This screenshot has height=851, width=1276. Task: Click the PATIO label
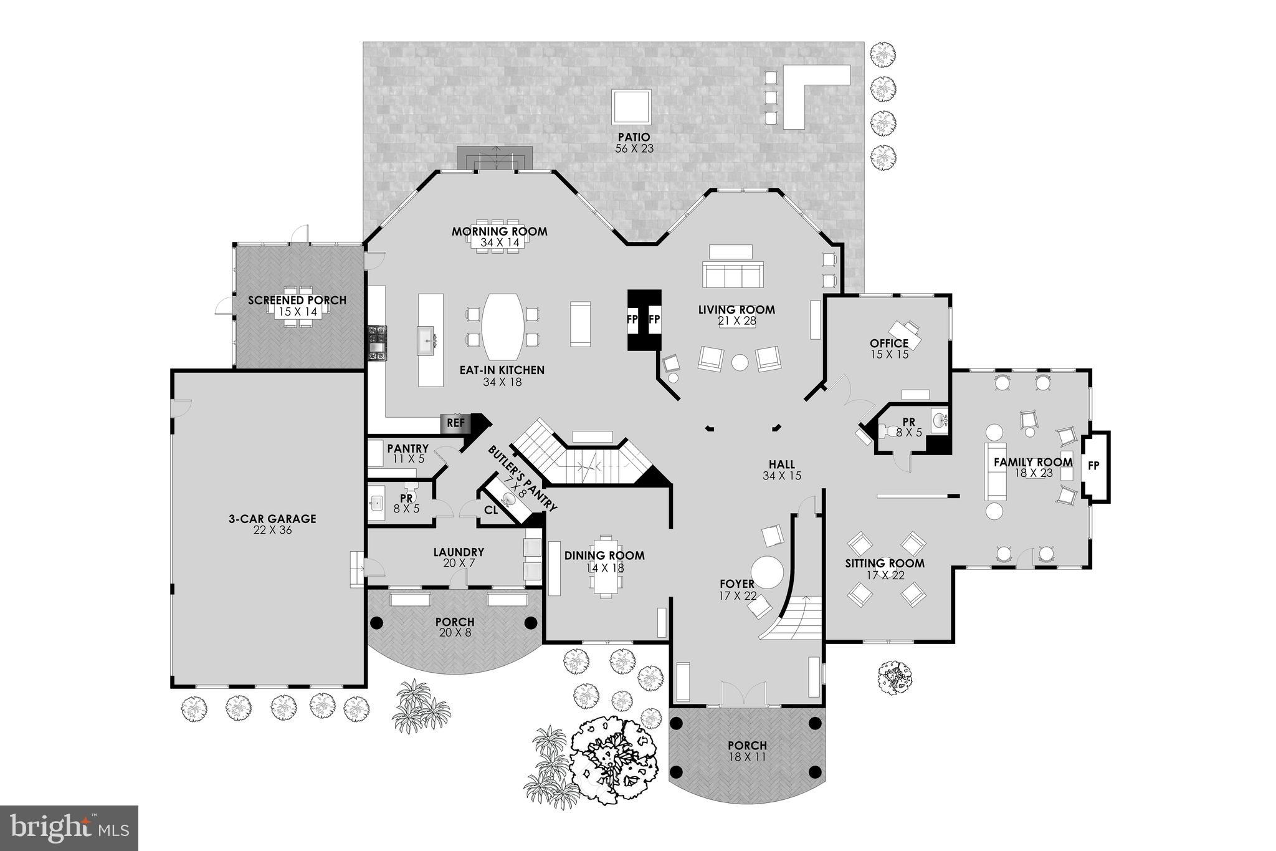click(x=634, y=137)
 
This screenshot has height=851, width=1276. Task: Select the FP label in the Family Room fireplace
click(x=1093, y=466)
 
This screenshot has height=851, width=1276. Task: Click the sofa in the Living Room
click(x=733, y=275)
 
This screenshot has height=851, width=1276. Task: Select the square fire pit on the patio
click(x=632, y=107)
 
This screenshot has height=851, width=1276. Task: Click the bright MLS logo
click(x=69, y=828)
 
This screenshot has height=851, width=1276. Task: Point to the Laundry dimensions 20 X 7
click(x=458, y=563)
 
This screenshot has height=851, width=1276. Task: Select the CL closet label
click(x=491, y=510)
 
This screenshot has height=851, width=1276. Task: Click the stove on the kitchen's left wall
click(x=378, y=342)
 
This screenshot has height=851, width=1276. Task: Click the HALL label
click(x=781, y=464)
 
